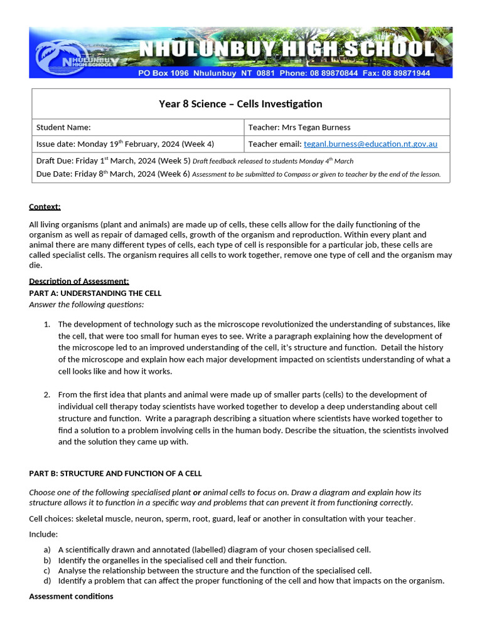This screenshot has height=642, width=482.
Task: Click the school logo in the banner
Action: (x=74, y=55)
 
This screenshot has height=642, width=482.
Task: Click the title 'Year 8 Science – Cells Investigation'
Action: (x=240, y=104)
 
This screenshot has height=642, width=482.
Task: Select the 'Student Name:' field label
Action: (x=63, y=127)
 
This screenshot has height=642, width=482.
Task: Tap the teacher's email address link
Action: (x=370, y=144)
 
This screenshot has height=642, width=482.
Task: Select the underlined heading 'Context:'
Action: (x=45, y=206)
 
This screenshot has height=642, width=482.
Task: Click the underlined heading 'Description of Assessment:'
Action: (x=79, y=281)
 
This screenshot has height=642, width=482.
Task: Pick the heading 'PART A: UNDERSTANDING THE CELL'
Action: (x=95, y=293)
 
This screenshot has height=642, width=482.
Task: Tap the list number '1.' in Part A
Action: (x=47, y=324)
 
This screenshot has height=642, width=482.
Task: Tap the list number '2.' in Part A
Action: (x=47, y=394)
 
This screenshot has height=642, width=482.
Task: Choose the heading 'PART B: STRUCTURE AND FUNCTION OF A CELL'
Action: (x=115, y=473)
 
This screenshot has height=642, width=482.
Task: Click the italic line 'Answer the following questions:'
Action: (x=87, y=305)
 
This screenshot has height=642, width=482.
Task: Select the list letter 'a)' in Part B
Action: (x=47, y=550)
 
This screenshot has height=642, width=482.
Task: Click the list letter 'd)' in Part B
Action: (x=47, y=581)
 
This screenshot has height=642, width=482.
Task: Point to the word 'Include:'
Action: (x=43, y=534)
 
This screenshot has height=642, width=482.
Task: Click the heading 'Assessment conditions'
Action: (x=71, y=596)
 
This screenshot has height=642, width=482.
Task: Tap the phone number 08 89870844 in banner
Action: (x=333, y=73)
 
